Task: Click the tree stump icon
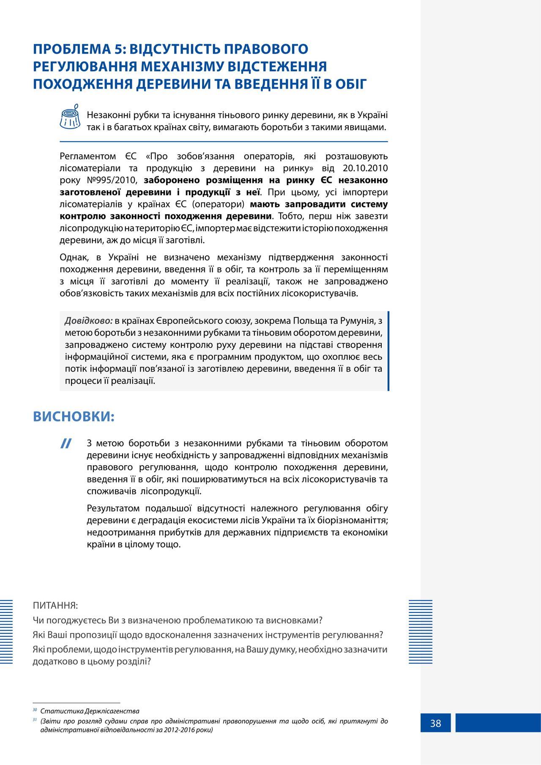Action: (70, 116)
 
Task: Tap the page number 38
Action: (435, 723)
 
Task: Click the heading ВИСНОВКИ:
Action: (74, 417)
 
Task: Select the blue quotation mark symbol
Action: (66, 443)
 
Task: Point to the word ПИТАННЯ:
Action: (55, 605)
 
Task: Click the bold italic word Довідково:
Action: (89, 321)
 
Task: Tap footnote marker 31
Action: (35, 719)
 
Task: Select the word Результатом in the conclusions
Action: (112, 508)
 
